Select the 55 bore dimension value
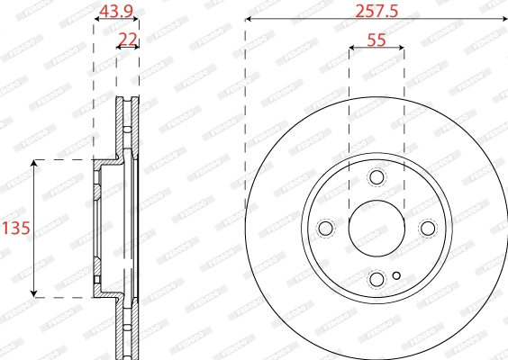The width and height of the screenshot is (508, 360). (376, 39)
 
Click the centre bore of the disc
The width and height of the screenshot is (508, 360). (376, 228)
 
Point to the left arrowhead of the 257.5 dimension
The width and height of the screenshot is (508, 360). (249, 20)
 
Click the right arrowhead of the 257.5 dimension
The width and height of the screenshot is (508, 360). (503, 20)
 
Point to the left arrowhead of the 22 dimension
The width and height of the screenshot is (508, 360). (120, 47)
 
